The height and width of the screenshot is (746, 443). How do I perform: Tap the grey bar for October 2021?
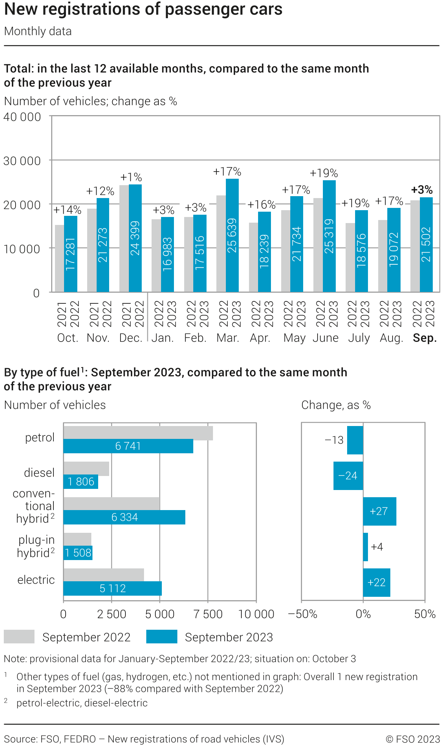59,258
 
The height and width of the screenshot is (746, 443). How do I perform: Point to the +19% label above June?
324,173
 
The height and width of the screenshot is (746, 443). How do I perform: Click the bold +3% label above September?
422,190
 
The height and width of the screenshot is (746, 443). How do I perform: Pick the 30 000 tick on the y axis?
22,161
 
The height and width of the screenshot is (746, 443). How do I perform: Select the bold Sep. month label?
425,338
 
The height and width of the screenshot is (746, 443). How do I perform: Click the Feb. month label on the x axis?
195,338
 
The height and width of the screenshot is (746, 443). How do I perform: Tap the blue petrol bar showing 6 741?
128,446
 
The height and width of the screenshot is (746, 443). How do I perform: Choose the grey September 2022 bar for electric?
103,574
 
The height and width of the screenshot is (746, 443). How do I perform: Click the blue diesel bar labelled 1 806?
81,482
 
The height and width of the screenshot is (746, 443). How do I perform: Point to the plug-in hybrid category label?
36,546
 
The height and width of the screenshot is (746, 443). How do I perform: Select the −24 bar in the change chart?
348,476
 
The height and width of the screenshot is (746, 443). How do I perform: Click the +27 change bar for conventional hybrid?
379,511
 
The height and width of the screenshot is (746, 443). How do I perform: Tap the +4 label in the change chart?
377,547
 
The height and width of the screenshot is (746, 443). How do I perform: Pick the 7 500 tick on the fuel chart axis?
208,614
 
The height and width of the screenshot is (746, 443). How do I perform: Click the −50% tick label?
303,614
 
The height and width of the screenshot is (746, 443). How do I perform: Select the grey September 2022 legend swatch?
19,637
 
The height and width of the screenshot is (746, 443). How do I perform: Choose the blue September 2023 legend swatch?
162,637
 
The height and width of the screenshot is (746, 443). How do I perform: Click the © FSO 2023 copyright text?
413,739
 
